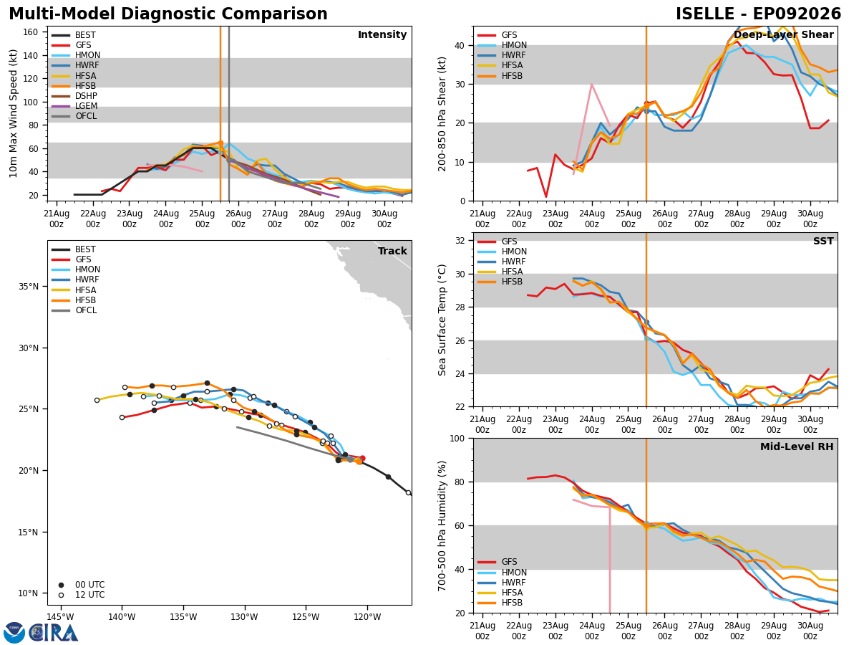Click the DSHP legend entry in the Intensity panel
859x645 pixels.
pos(74,96)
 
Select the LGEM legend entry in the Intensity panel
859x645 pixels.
pos(74,106)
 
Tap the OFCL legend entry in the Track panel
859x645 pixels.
pos(74,310)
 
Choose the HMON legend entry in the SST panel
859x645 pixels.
pos(502,252)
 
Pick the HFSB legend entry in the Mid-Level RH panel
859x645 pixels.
pos(500,602)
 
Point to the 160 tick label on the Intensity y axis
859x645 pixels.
pos(31,32)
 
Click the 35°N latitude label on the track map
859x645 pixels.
pos(29,286)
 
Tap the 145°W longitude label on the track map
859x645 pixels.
pos(61,617)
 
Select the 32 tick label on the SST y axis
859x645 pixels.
pos(460,241)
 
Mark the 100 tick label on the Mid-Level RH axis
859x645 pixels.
pos(457,438)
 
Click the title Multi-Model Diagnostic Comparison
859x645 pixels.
pos(168,14)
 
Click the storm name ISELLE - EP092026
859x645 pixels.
pos(758,14)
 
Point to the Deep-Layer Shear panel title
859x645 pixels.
pos(783,34)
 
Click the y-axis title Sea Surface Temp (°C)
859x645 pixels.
pos(442,320)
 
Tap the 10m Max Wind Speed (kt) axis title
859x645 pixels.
pos(13,113)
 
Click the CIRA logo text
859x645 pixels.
pos(54,632)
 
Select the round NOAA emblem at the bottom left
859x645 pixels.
pos(14,633)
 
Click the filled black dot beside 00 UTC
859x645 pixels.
pos(61,585)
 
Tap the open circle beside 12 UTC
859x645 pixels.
pos(61,596)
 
